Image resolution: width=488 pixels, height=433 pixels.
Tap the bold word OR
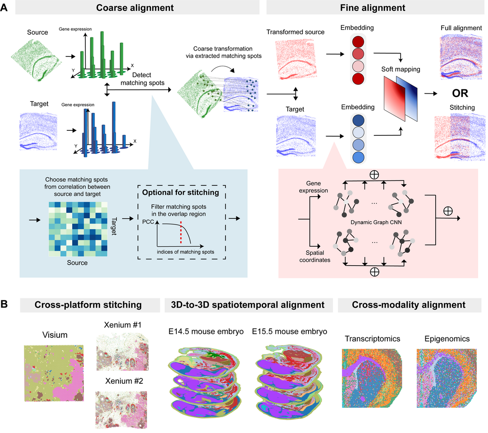[460, 94]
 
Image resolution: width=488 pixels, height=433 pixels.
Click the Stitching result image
[460, 138]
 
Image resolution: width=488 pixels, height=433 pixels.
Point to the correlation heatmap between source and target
[75, 229]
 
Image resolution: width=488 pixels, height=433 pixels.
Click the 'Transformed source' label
[295, 32]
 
